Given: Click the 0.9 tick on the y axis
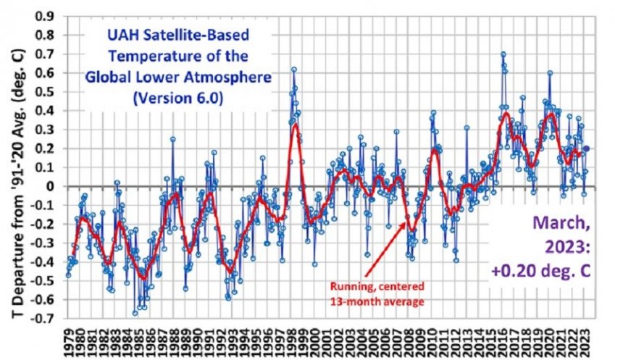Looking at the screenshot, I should click(49, 16).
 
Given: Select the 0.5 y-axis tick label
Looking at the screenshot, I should click(49, 91).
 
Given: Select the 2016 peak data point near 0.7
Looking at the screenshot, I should click(503, 54).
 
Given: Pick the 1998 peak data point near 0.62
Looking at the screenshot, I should click(294, 70).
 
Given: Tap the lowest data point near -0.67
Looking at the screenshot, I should click(135, 313).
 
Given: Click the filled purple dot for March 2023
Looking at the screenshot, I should click(587, 148).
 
